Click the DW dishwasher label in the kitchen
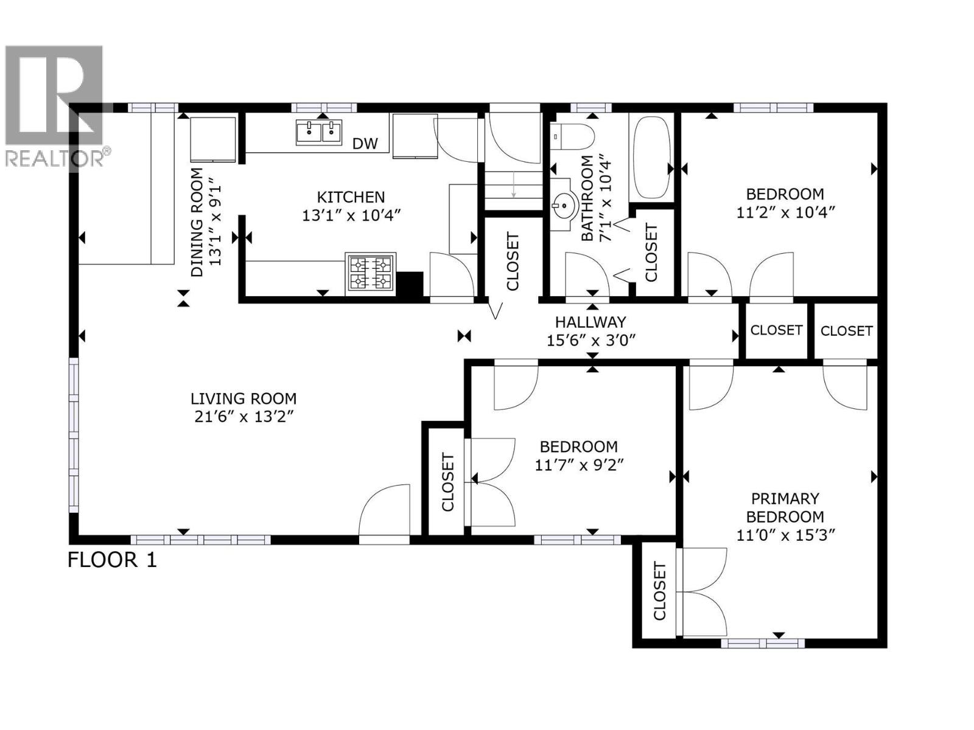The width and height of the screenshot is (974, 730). (x=365, y=144)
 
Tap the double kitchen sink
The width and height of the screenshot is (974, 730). (x=319, y=133)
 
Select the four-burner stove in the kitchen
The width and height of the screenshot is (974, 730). (x=370, y=273)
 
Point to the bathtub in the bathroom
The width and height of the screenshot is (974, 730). (x=651, y=157)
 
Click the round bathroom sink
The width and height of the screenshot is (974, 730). (x=565, y=206)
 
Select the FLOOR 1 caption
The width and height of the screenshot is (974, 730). (x=112, y=560)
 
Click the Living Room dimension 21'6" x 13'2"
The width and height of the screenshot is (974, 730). (x=243, y=417)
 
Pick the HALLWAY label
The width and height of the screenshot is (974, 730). (x=590, y=322)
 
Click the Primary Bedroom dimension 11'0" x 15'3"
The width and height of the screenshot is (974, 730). (x=785, y=535)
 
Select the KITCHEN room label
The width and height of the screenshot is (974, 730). (x=351, y=197)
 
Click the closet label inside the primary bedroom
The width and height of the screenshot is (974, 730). (x=660, y=591)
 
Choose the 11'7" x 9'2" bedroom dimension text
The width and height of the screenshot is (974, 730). (x=580, y=465)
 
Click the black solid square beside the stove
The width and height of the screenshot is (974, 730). (x=410, y=285)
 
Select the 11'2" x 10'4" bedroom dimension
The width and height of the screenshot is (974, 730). (x=785, y=213)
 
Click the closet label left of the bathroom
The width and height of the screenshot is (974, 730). (x=513, y=262)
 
